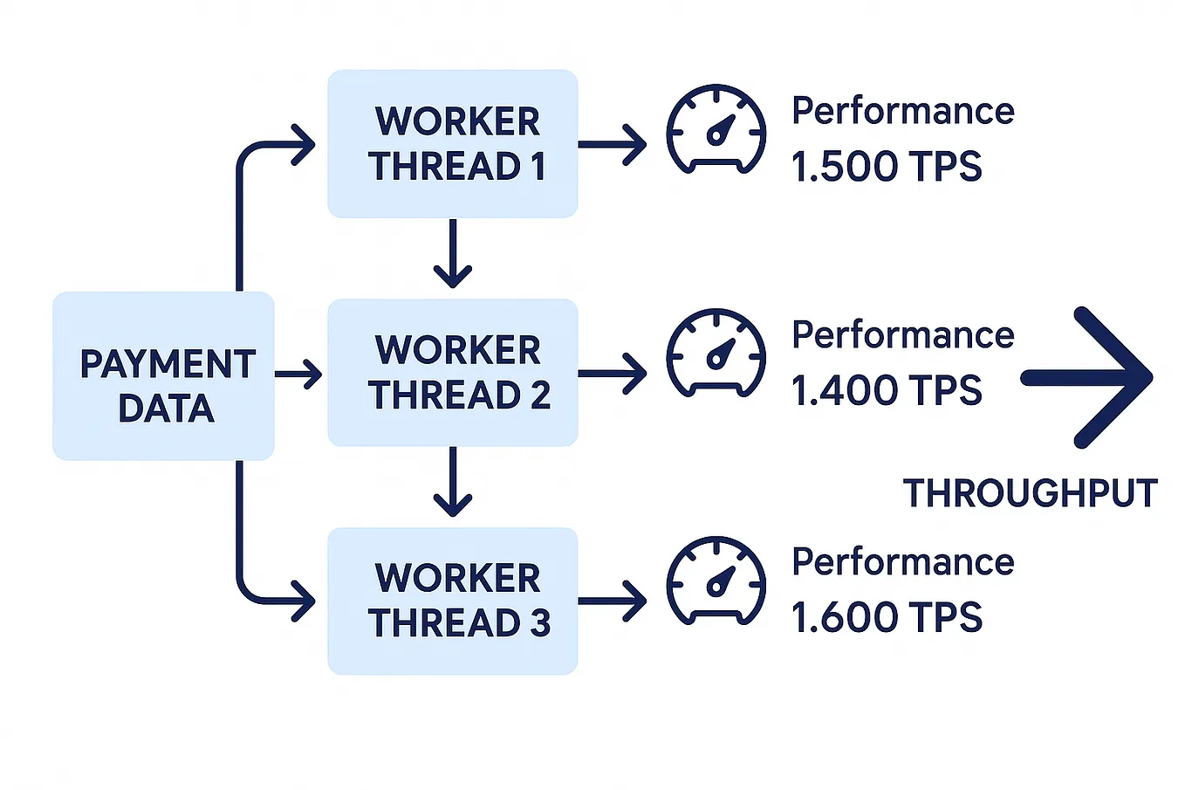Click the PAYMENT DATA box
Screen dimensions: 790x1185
click(163, 376)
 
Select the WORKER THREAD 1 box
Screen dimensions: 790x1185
click(452, 144)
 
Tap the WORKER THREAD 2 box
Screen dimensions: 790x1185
click(452, 373)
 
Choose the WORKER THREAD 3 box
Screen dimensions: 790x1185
click(452, 601)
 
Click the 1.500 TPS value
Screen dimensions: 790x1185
click(886, 167)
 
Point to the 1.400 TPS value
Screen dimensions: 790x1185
click(886, 390)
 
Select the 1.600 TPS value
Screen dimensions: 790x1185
click(886, 617)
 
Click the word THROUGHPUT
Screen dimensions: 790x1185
click(1030, 493)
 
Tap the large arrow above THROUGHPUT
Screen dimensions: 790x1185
click(1091, 377)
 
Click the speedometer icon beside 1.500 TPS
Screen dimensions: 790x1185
click(716, 129)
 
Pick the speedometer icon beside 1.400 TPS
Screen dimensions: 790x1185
click(716, 354)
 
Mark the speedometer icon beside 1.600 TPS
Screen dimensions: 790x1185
click(716, 580)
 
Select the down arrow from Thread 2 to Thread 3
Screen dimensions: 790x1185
click(452, 483)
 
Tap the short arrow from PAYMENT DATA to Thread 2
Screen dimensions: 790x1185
click(298, 374)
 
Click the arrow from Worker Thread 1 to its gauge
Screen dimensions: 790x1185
click(613, 144)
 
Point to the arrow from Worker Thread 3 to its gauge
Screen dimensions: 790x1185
click(613, 601)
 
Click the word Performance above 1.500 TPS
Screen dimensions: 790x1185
click(902, 111)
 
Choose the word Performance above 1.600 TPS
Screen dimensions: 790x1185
click(902, 561)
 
